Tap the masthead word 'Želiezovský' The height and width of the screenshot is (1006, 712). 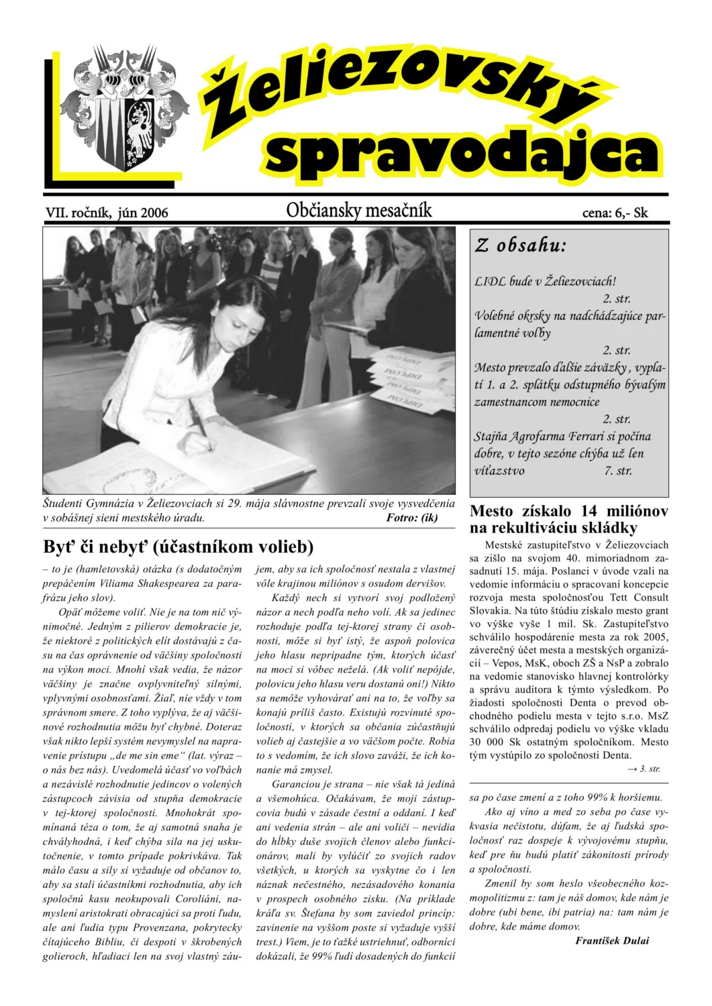(396, 87)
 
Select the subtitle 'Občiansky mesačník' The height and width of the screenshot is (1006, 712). (359, 211)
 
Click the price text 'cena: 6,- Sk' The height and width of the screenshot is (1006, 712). (615, 213)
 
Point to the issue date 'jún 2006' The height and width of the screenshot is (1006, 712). (142, 213)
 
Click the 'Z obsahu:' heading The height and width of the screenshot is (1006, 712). (521, 245)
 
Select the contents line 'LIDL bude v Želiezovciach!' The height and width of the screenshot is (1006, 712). (545, 281)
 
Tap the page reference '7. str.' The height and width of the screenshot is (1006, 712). (617, 470)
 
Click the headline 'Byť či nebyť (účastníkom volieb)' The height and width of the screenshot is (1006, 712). (179, 547)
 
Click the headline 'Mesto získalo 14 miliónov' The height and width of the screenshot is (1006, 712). (569, 511)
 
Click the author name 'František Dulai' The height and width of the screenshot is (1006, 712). (612, 940)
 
